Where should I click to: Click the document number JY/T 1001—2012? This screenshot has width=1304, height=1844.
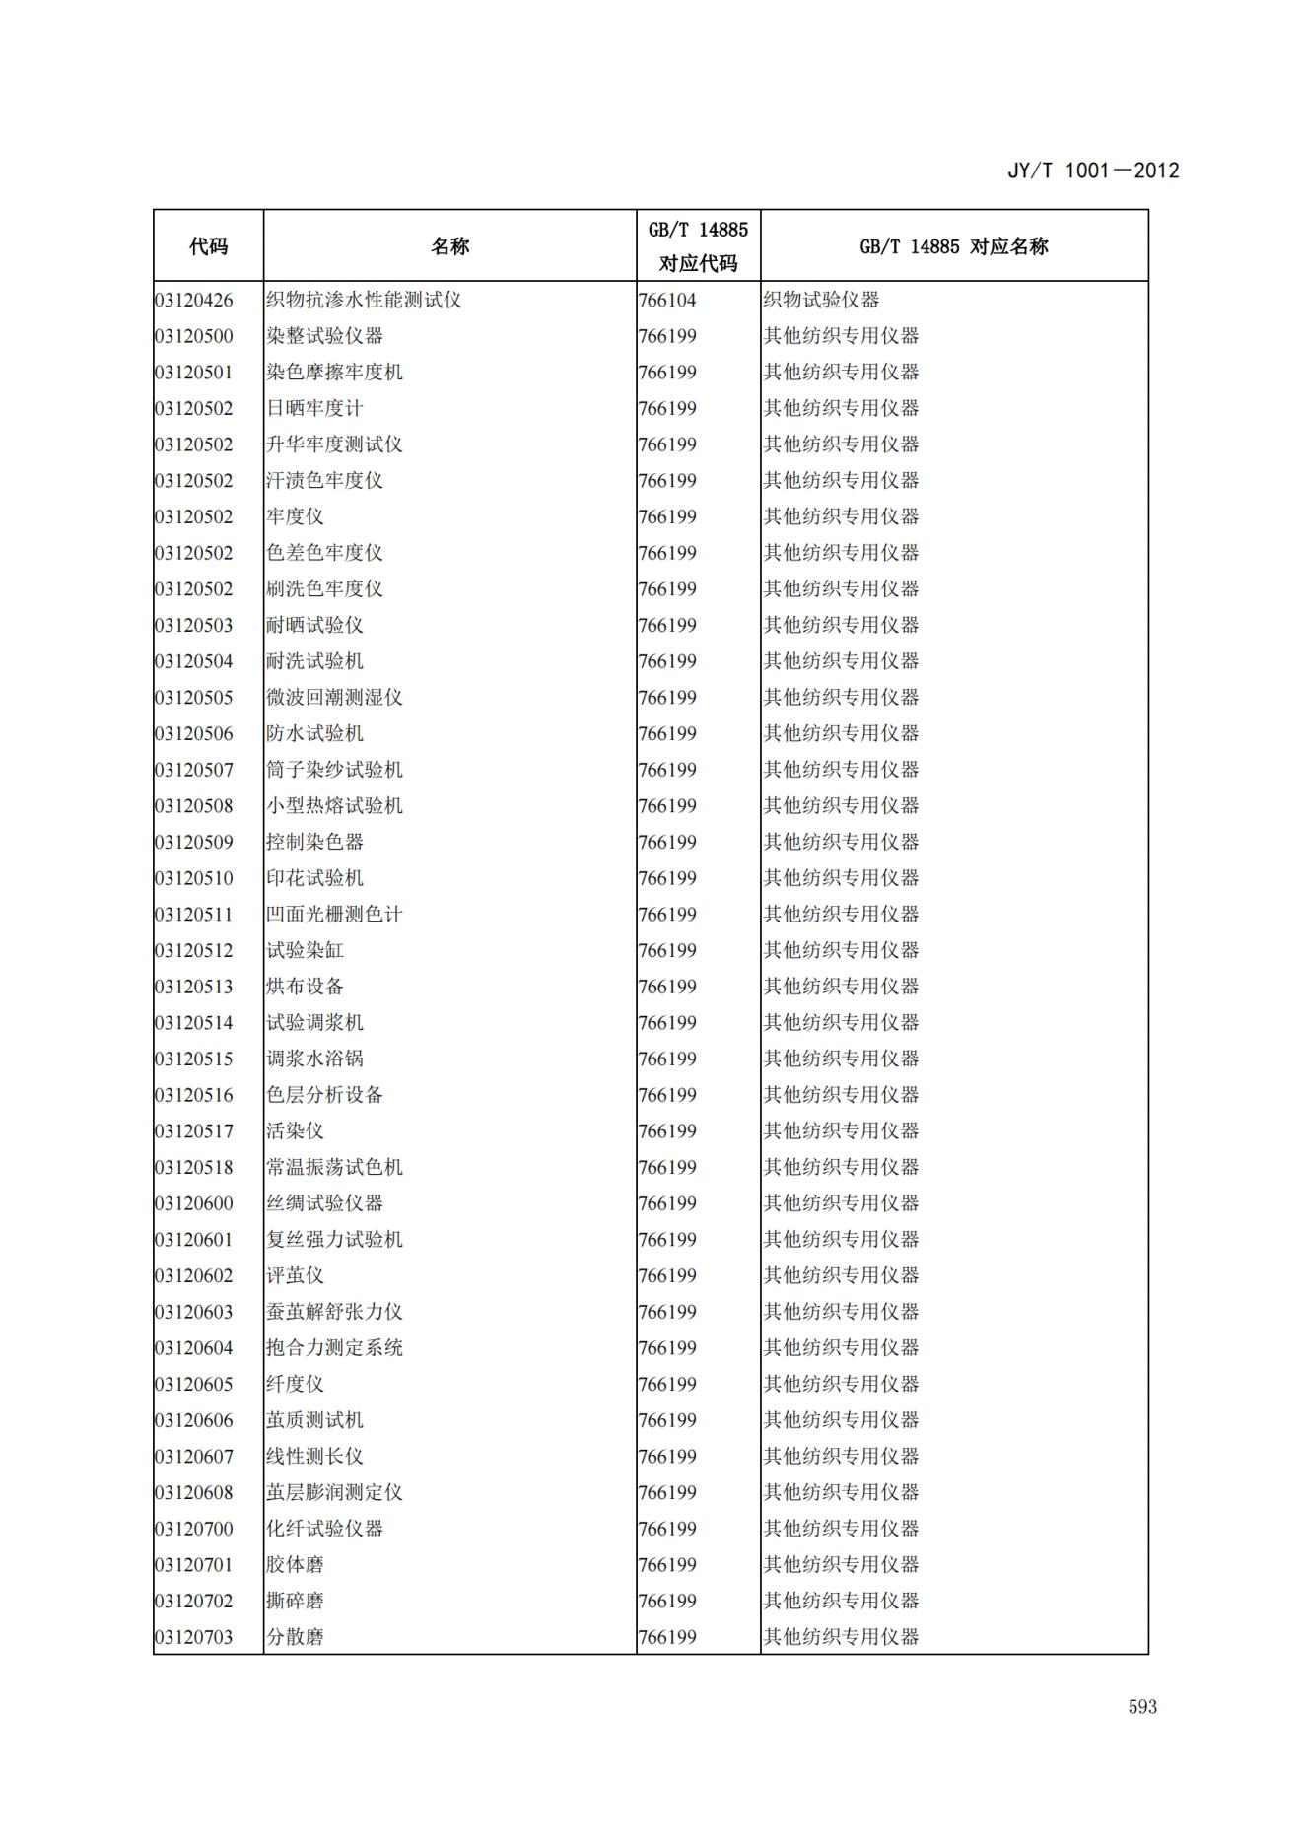click(x=1092, y=171)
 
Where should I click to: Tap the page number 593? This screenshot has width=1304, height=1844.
click(x=1142, y=1707)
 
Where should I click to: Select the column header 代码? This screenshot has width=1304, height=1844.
click(x=208, y=246)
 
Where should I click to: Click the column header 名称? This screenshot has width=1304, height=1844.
click(x=449, y=246)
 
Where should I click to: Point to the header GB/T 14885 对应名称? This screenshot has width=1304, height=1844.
click(x=953, y=246)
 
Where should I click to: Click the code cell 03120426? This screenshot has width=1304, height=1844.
click(x=194, y=300)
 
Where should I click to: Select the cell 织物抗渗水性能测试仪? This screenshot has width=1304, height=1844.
click(x=364, y=300)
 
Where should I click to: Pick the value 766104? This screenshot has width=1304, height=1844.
click(x=667, y=300)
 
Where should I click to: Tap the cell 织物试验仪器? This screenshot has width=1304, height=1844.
click(x=821, y=300)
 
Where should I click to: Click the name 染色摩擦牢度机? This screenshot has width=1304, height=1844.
click(x=334, y=373)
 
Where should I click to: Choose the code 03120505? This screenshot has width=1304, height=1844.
click(x=194, y=698)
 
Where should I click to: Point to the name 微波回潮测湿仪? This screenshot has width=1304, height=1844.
click(x=334, y=698)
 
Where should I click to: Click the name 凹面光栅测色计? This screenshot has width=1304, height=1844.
click(x=334, y=915)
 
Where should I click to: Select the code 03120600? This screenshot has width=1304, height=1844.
click(x=194, y=1203)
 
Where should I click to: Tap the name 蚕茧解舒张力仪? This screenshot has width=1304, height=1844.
click(x=334, y=1312)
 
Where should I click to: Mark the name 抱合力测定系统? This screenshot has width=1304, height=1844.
click(x=334, y=1348)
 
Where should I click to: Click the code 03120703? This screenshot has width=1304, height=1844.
click(x=194, y=1637)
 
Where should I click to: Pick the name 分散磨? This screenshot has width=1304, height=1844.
click(x=295, y=1637)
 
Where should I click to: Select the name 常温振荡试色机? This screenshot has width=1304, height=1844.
click(x=334, y=1167)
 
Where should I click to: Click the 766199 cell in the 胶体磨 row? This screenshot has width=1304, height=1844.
click(x=667, y=1565)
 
